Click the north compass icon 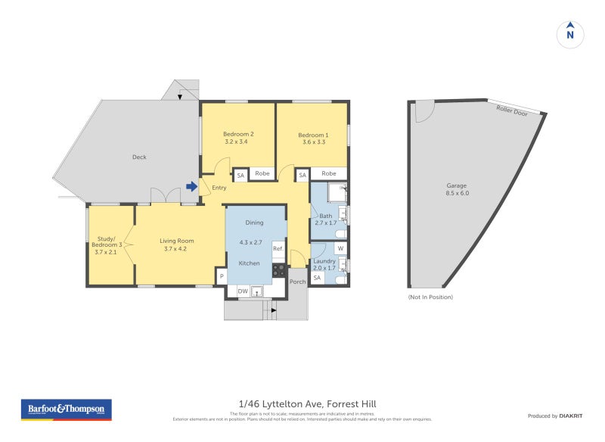(x=570, y=33)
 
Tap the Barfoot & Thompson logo (x=66, y=409)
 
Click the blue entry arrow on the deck (x=193, y=186)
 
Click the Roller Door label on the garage (x=511, y=110)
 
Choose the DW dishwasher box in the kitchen (x=243, y=291)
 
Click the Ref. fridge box (x=278, y=248)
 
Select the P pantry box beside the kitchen (x=222, y=277)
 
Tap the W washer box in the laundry (x=340, y=248)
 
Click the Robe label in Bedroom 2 (x=262, y=174)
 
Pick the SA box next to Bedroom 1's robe (x=302, y=175)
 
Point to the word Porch (x=298, y=282)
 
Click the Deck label (x=139, y=157)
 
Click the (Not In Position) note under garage (x=430, y=297)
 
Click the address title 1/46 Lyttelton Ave (x=302, y=404)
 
